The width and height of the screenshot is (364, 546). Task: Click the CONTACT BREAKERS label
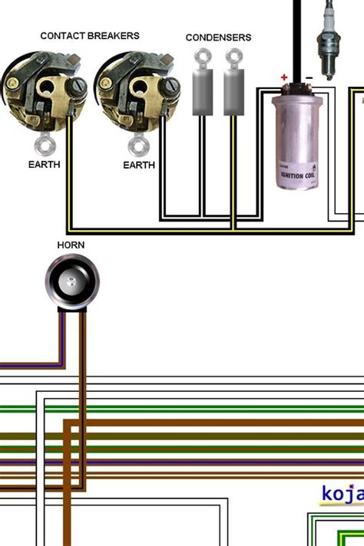89,35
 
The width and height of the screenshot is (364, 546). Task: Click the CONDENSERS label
218,37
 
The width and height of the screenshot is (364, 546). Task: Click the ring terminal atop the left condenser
202,56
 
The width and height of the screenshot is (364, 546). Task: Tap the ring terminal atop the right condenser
233,56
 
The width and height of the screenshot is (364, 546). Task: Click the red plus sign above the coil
284,77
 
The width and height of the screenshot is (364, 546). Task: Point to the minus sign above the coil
309,77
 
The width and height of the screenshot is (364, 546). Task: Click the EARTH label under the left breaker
44,164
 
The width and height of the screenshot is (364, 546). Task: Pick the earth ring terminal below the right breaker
137,144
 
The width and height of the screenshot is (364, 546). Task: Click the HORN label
71,245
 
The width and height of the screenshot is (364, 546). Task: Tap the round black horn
71,281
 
